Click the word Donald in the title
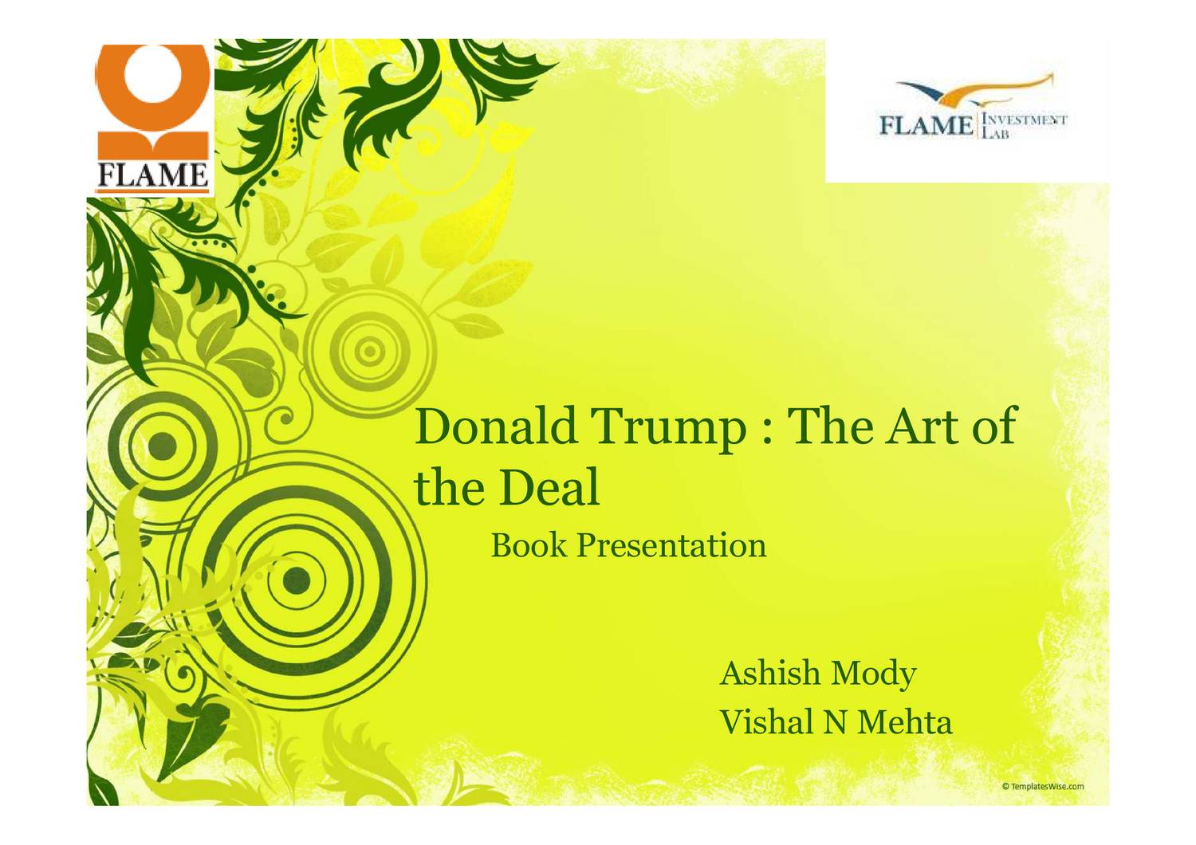click(495, 426)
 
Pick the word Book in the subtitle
click(529, 545)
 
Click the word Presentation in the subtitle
click(671, 547)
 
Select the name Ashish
click(770, 673)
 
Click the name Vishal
click(765, 722)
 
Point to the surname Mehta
click(905, 722)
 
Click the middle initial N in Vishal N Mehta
click(835, 723)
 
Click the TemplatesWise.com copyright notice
click(1043, 786)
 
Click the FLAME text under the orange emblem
click(151, 175)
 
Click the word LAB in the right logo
click(996, 134)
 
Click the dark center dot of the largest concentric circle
click(297, 580)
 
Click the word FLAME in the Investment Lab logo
click(925, 126)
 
